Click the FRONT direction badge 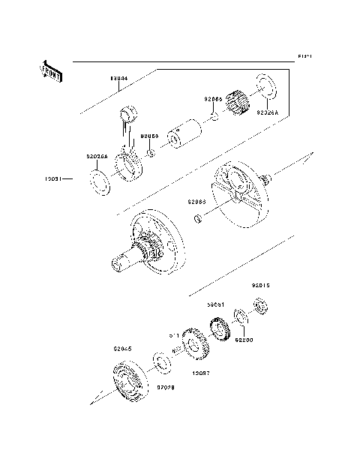coord(51,71)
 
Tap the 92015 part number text coord(260,286)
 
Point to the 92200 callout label coord(245,340)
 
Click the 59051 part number coord(217,306)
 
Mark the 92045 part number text coord(122,349)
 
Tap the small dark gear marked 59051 coord(220,329)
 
